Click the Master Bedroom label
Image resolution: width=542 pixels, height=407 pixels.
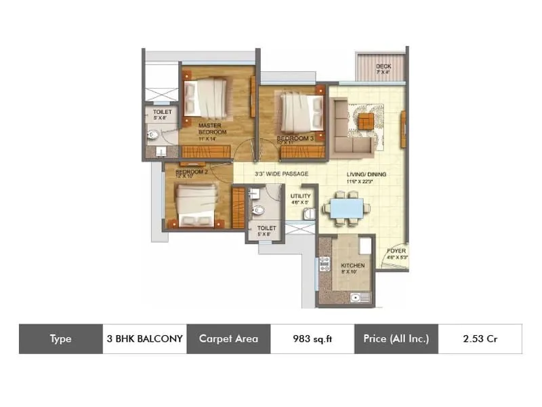pyautogui.click(x=211, y=128)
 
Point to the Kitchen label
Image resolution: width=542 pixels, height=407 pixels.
pyautogui.click(x=353, y=265)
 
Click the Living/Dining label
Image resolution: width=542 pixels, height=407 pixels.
pyautogui.click(x=365, y=174)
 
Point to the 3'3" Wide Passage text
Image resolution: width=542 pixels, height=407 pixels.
pyautogui.click(x=281, y=174)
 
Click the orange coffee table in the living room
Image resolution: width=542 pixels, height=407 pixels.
pyautogui.click(x=366, y=120)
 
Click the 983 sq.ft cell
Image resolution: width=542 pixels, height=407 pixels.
pyautogui.click(x=312, y=338)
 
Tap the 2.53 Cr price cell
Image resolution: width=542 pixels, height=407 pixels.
pyautogui.click(x=480, y=338)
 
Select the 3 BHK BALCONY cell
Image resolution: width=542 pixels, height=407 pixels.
pyautogui.click(x=144, y=338)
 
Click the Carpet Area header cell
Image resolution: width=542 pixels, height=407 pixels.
pyautogui.click(x=228, y=338)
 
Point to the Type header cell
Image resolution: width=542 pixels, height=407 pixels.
pyautogui.click(x=60, y=338)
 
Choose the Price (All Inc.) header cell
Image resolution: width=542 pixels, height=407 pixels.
pyautogui.click(x=396, y=338)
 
